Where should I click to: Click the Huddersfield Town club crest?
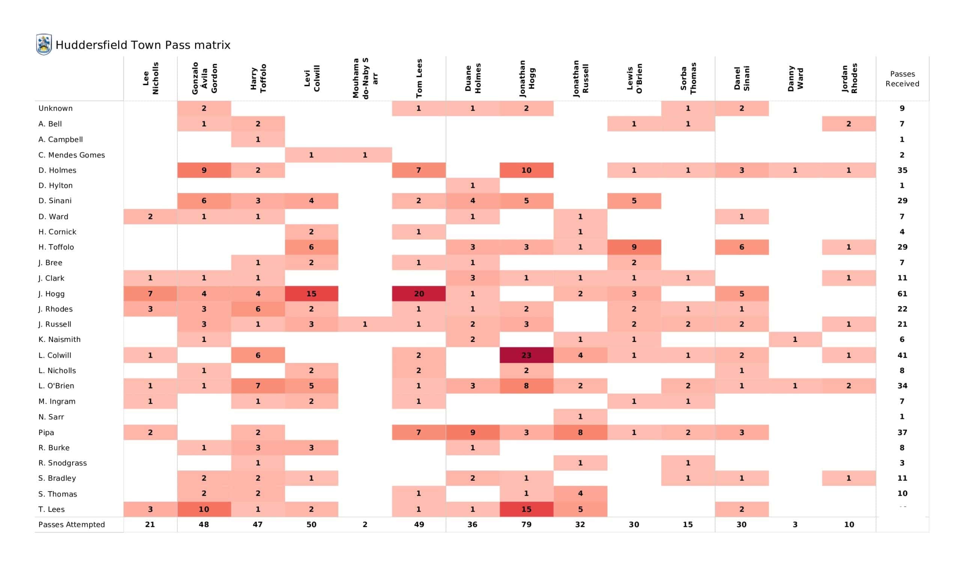(x=44, y=44)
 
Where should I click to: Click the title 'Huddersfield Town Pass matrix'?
(x=143, y=45)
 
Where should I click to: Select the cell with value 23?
(x=526, y=355)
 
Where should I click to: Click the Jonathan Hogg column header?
(x=527, y=78)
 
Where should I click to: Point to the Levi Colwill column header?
(x=312, y=78)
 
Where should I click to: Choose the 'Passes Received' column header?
(x=902, y=79)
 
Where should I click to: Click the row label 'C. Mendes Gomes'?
(x=71, y=155)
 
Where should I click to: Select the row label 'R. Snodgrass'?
(x=63, y=463)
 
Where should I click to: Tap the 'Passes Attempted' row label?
(x=71, y=525)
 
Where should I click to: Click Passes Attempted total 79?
(x=526, y=525)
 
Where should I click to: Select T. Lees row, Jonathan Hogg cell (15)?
(x=526, y=510)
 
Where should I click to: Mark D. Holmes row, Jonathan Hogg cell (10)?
(x=526, y=170)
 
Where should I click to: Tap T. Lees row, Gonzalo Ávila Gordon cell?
(x=204, y=510)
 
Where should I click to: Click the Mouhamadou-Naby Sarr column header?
(x=365, y=78)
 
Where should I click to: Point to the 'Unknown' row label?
(x=55, y=109)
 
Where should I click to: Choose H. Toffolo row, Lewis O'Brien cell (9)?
(x=634, y=247)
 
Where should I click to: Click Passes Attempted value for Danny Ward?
(x=795, y=525)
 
